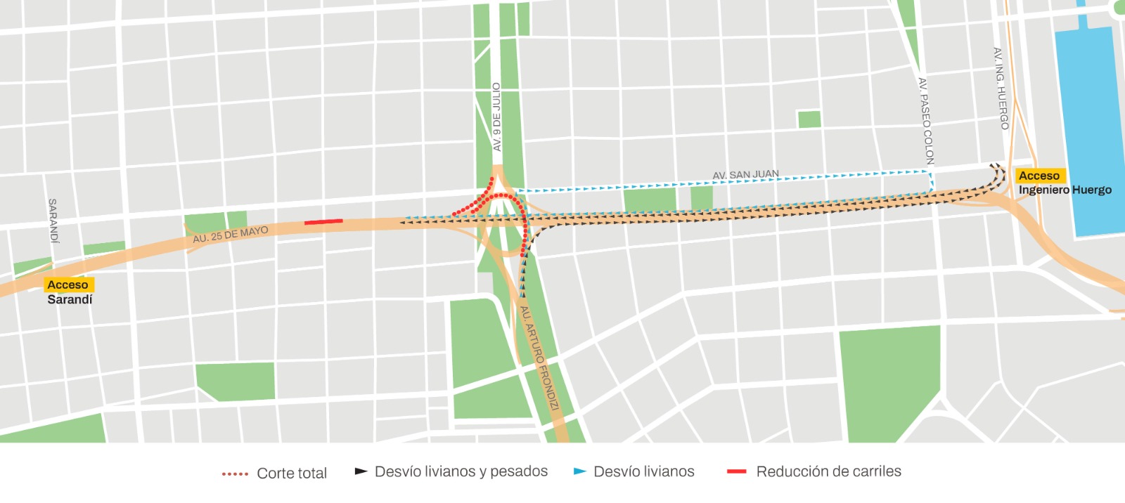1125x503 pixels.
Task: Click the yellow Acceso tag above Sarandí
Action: click(x=68, y=285)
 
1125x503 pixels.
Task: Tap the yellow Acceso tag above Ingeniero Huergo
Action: click(x=1039, y=176)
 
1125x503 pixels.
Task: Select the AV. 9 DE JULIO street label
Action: click(x=496, y=117)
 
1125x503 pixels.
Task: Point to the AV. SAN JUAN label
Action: click(x=745, y=174)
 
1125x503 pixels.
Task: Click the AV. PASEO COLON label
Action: click(x=926, y=121)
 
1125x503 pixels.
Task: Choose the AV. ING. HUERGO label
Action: click(x=1001, y=88)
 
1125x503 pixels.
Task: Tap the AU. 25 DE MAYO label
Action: click(x=231, y=235)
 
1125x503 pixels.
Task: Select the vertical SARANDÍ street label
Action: click(x=53, y=221)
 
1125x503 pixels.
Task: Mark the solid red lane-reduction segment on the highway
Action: click(x=323, y=222)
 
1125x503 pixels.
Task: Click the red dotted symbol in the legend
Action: click(x=235, y=474)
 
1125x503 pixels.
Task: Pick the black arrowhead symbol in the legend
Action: click(x=361, y=471)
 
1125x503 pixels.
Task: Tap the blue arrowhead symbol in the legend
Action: click(x=580, y=471)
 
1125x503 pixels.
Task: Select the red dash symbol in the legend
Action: click(x=736, y=471)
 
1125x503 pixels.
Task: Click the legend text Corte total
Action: click(x=292, y=473)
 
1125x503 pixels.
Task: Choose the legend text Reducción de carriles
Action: click(x=828, y=471)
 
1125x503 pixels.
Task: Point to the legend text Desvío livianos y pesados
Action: click(x=461, y=471)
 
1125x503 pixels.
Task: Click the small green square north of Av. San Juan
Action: click(x=809, y=119)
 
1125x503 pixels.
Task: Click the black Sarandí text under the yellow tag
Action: click(x=70, y=299)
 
